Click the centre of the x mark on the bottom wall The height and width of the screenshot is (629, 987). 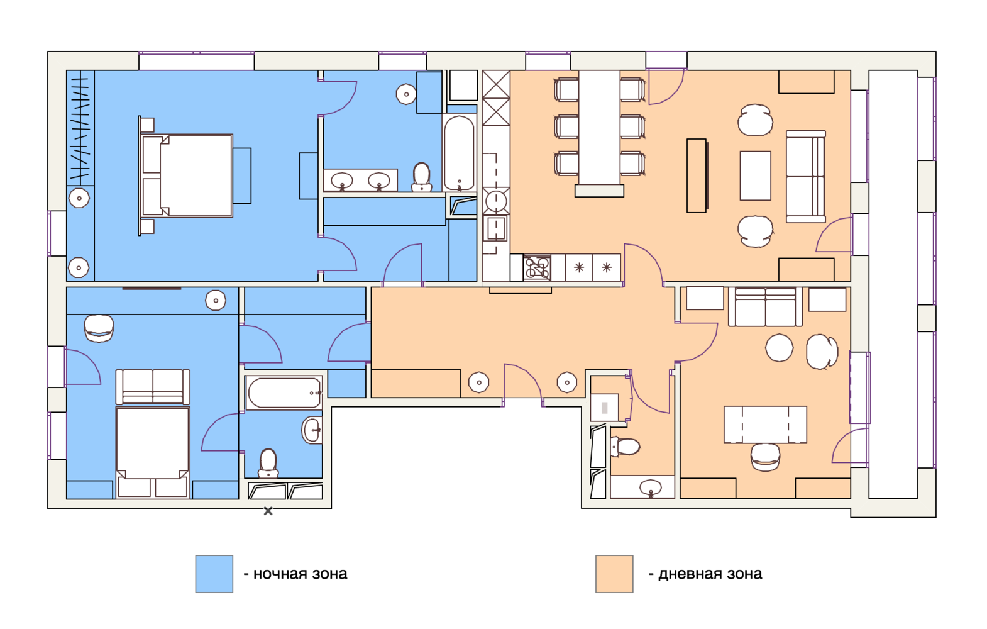(268, 511)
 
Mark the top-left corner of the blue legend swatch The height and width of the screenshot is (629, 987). (196, 555)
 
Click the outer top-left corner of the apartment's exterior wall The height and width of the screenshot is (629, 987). (48, 52)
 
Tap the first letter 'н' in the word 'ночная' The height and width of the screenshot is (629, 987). (258, 574)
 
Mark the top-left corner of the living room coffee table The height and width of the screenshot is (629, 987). (741, 152)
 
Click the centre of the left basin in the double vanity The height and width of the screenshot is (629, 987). (342, 181)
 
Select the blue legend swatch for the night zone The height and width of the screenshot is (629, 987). (214, 574)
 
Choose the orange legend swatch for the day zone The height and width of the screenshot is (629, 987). (614, 574)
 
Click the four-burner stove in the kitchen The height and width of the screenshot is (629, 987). (537, 267)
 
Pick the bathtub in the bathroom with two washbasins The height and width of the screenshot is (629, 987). (459, 152)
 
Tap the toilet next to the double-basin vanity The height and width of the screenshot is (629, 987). (421, 177)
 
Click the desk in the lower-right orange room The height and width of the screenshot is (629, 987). (765, 425)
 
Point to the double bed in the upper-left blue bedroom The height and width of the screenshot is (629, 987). (187, 176)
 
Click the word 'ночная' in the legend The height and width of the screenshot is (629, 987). (280, 574)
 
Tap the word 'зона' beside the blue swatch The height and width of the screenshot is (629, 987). (330, 574)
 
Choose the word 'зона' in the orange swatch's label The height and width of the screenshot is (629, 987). (745, 574)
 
